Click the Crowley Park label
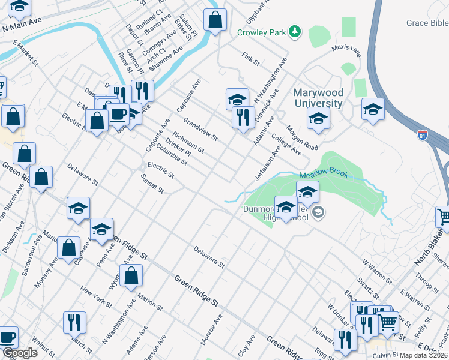click(261, 32)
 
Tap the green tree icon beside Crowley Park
click(294, 31)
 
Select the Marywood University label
click(318, 98)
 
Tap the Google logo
click(20, 353)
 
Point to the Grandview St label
click(200, 127)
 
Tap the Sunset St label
click(152, 184)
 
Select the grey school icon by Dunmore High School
click(318, 211)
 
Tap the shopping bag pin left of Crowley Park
click(215, 21)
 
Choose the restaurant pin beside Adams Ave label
click(243, 116)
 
